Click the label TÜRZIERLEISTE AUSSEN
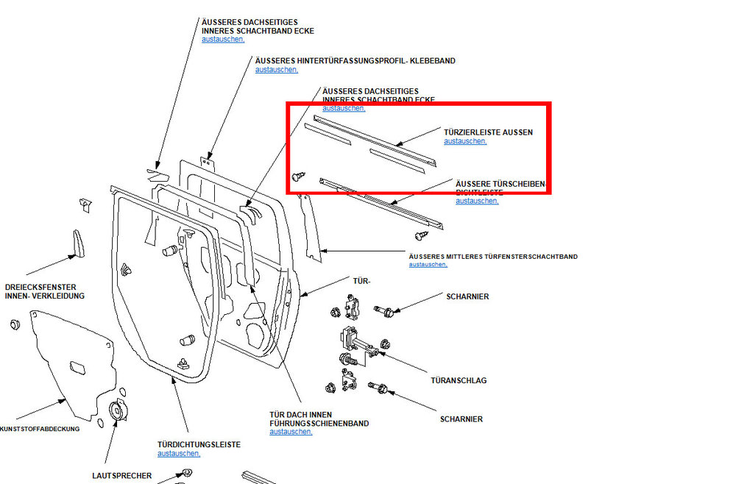(488, 132)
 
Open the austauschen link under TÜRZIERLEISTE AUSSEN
(465, 141)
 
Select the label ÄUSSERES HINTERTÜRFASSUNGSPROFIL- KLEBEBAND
(355, 61)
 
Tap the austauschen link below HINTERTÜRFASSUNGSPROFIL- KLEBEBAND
(277, 70)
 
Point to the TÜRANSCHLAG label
(459, 380)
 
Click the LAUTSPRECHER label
(122, 476)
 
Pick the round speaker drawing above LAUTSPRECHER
(116, 412)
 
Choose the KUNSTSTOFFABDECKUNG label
(40, 428)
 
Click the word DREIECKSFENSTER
(40, 287)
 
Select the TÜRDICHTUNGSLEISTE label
(199, 445)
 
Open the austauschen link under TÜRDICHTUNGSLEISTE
(179, 454)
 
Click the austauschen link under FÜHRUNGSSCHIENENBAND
(291, 433)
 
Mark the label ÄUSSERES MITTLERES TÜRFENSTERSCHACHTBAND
(492, 257)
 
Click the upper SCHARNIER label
(467, 296)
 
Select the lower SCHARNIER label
(461, 419)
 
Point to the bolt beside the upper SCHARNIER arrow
(384, 310)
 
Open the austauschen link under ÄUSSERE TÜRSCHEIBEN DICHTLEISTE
(477, 201)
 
